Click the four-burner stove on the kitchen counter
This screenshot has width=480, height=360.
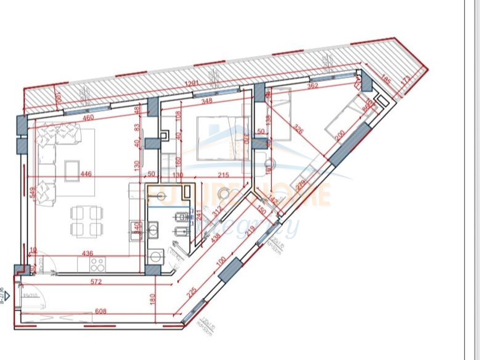coord(97,265)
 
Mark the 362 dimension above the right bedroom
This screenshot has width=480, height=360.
coord(312,86)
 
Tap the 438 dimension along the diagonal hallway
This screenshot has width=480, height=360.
coord(215,238)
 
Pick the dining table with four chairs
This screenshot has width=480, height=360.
coord(87,221)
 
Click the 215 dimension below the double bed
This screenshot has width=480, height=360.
coord(224,175)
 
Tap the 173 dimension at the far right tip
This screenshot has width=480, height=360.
coord(405,88)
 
